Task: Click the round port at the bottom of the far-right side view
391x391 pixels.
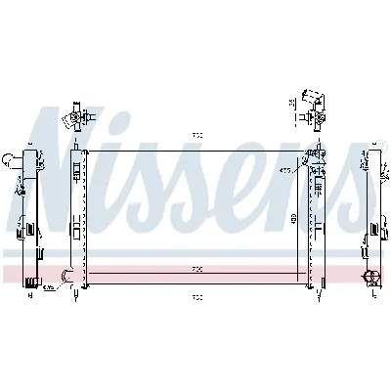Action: pyautogui.click(x=371, y=275)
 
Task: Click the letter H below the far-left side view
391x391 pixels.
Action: pyautogui.click(x=30, y=293)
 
